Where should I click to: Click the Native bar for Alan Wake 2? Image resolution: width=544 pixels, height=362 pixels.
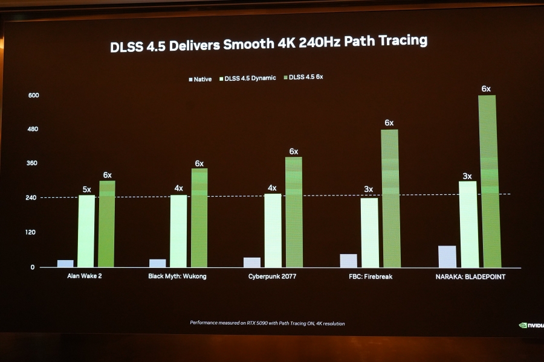coord(65,263)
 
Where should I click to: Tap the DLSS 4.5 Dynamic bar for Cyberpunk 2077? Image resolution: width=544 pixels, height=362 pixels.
coord(273,230)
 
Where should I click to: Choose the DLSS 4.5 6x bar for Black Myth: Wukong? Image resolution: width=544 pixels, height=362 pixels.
coord(199,217)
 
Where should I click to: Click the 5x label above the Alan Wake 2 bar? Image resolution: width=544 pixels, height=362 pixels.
coord(86,189)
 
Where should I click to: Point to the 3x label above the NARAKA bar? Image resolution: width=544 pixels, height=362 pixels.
coord(467,176)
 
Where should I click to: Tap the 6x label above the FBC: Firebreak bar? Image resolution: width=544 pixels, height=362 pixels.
coord(389,123)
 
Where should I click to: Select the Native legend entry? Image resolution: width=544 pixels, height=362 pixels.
coord(200,78)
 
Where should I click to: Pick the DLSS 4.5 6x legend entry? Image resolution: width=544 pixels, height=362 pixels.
coord(303,77)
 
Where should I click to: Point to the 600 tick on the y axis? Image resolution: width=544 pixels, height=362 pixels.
coord(33,95)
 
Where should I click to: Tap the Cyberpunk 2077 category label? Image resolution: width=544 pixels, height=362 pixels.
coord(272,276)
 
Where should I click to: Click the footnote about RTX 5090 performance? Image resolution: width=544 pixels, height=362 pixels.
coord(267,323)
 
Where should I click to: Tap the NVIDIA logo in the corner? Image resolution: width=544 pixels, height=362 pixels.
coord(531,325)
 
